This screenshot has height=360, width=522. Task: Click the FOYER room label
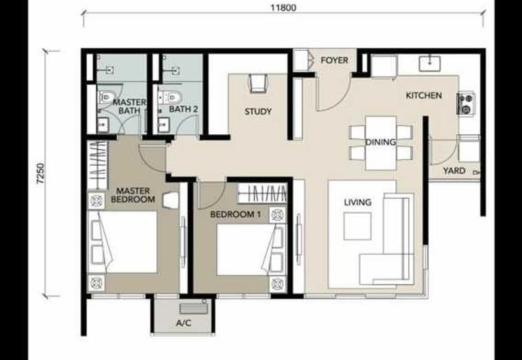click(x=334, y=61)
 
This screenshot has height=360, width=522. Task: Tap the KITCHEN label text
click(x=423, y=96)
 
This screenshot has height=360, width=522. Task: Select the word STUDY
click(x=258, y=112)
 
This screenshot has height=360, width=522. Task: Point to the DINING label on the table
click(x=381, y=142)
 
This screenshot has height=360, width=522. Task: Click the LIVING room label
click(x=358, y=202)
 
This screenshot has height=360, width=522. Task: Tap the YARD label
click(x=454, y=171)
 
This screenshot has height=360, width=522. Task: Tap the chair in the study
click(x=258, y=83)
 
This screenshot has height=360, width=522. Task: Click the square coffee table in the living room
click(x=358, y=226)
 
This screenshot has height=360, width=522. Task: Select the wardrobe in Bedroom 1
click(x=262, y=194)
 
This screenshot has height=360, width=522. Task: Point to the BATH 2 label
click(x=183, y=109)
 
